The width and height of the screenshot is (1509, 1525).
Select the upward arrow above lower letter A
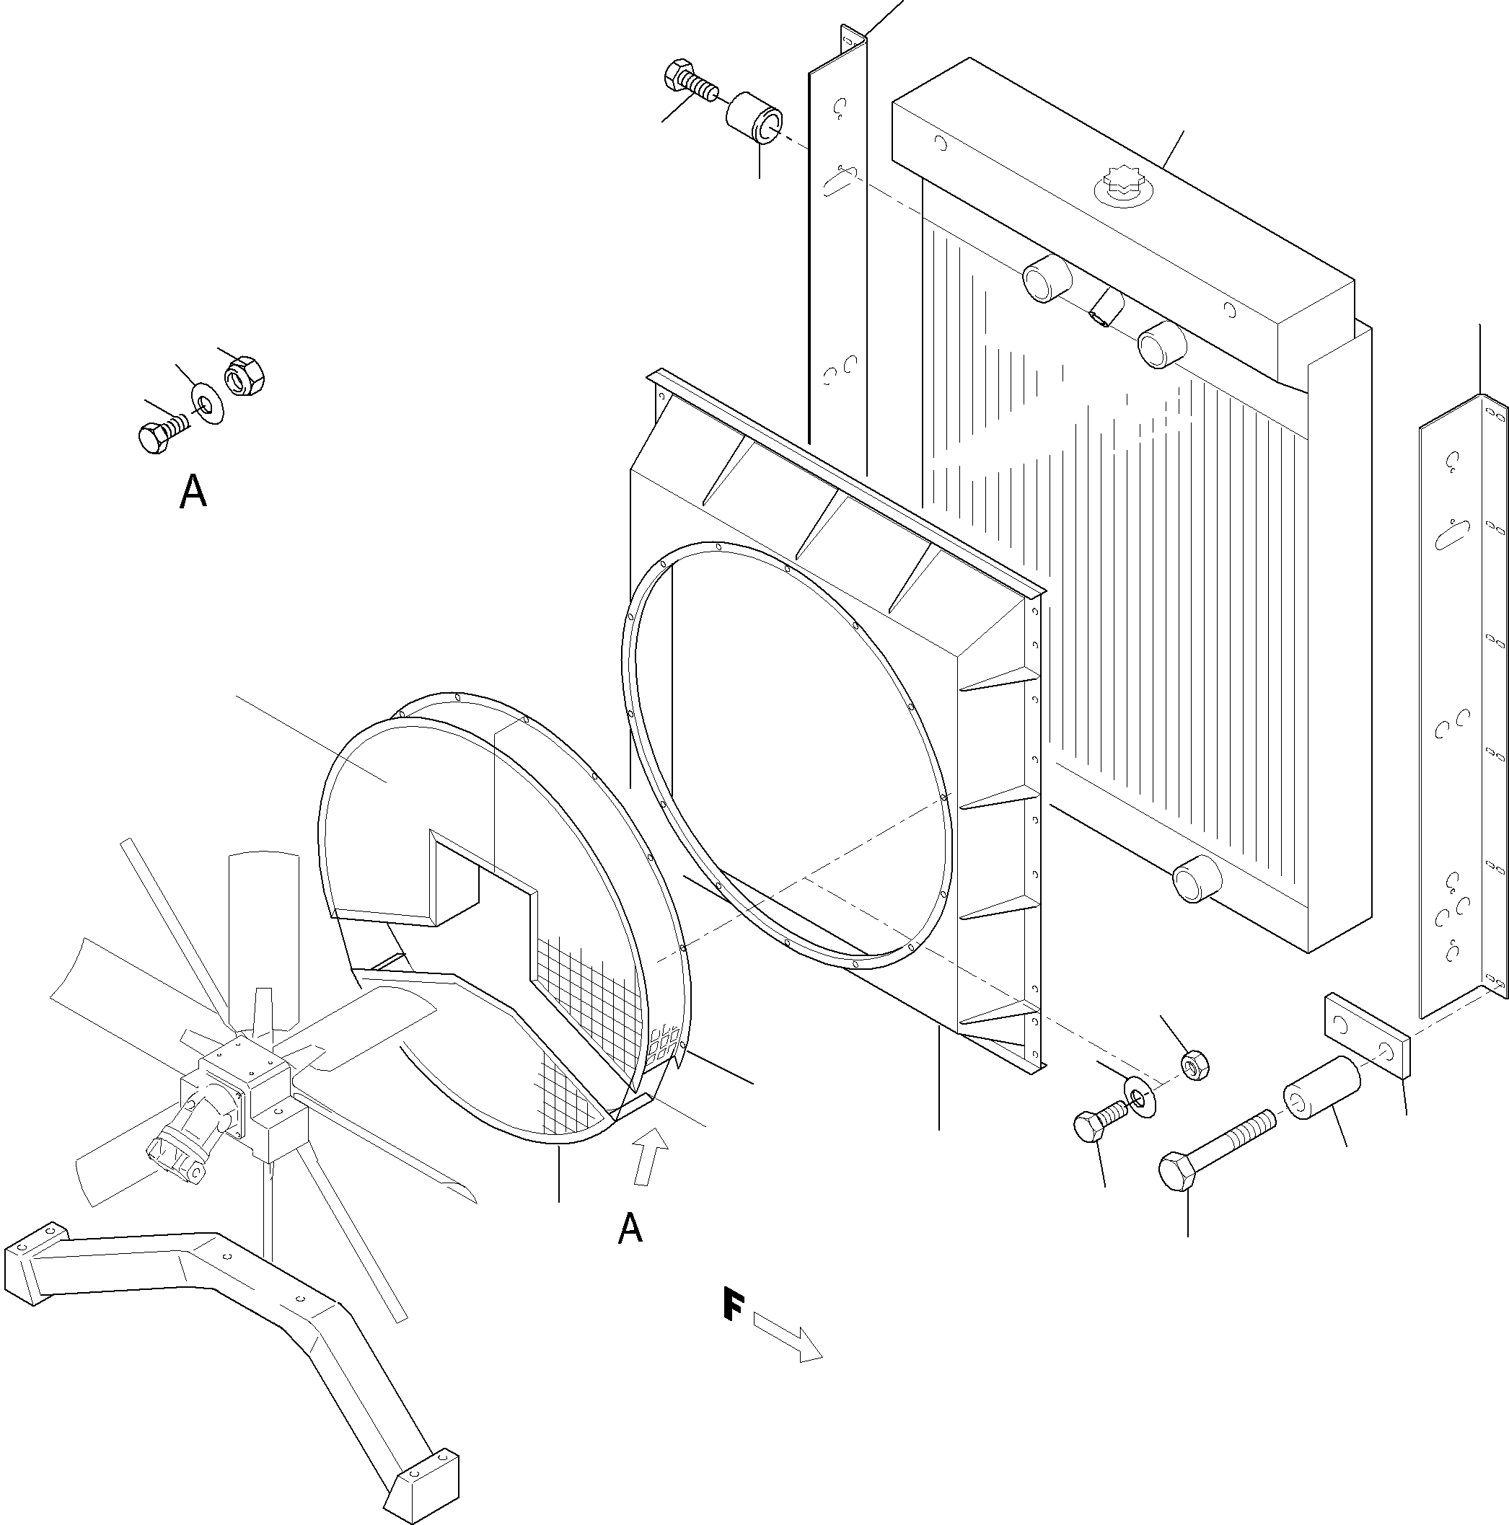click(x=651, y=1157)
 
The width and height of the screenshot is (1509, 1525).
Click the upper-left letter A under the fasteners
click(x=193, y=492)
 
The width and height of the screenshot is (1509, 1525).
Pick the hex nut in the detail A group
click(x=245, y=374)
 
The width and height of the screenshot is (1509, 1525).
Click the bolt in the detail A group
click(x=161, y=434)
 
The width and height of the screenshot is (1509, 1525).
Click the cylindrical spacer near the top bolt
click(x=754, y=118)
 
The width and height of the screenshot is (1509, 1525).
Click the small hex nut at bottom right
click(x=1195, y=1066)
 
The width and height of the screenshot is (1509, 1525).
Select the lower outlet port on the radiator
click(x=1197, y=880)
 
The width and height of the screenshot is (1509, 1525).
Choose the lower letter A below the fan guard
click(x=629, y=1229)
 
